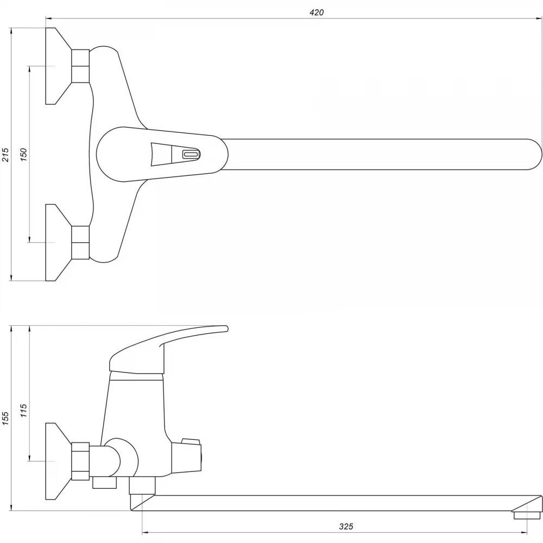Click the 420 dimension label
click(317, 12)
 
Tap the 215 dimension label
click(5, 155)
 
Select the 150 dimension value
click(23, 155)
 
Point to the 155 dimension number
click(5, 418)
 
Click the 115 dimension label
click(23, 410)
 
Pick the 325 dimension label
click(346, 526)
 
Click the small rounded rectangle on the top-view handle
click(191, 154)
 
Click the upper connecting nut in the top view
click(80, 66)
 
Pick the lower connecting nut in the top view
click(80, 242)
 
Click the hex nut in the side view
click(80, 461)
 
